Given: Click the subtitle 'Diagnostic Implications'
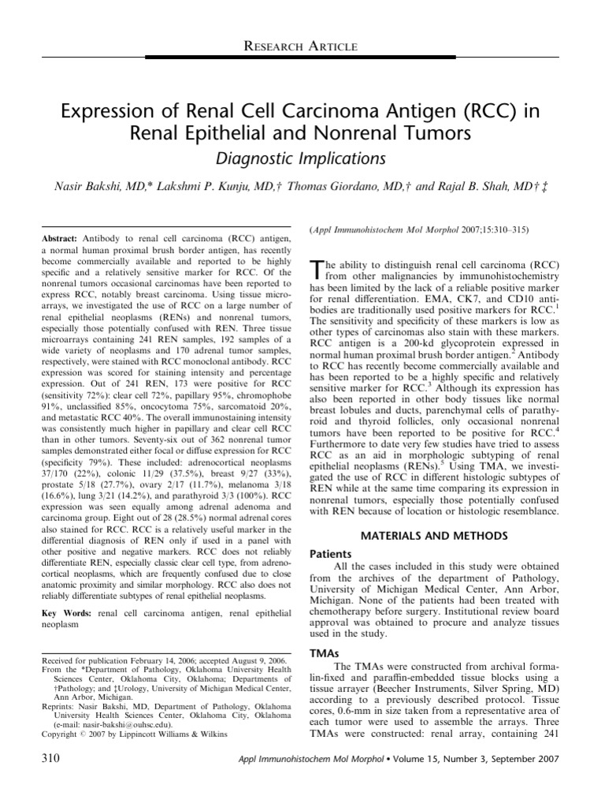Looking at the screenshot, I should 302,158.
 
